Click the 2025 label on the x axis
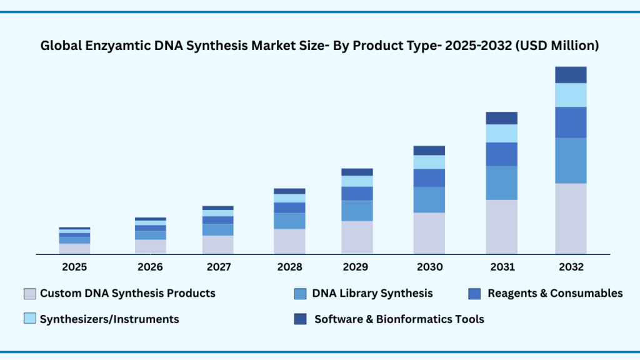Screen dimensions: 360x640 (x=74, y=267)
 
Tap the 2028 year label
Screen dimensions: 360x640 (x=289, y=267)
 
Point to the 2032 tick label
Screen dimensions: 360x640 (x=571, y=267)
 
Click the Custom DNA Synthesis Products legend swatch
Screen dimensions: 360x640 (x=29, y=293)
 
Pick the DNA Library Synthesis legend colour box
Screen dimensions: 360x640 (x=300, y=293)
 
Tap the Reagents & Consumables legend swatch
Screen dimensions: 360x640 (x=475, y=293)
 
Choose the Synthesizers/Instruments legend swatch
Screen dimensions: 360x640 (x=29, y=319)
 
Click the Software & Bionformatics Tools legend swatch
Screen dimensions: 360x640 (x=300, y=319)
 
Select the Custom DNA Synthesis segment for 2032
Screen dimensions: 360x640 (x=571, y=218)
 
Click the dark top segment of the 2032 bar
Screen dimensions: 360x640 (x=571, y=75)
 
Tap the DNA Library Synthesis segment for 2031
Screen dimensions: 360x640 (x=501, y=182)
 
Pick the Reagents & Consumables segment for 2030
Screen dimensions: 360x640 (x=429, y=177)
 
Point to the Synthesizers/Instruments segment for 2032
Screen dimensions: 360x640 (x=571, y=95)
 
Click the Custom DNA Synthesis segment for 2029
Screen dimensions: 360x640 (x=357, y=237)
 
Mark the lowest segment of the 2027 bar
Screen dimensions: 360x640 (x=217, y=244)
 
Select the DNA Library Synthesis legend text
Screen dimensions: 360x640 (x=372, y=293)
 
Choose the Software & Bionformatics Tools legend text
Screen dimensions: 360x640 (x=399, y=319)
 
